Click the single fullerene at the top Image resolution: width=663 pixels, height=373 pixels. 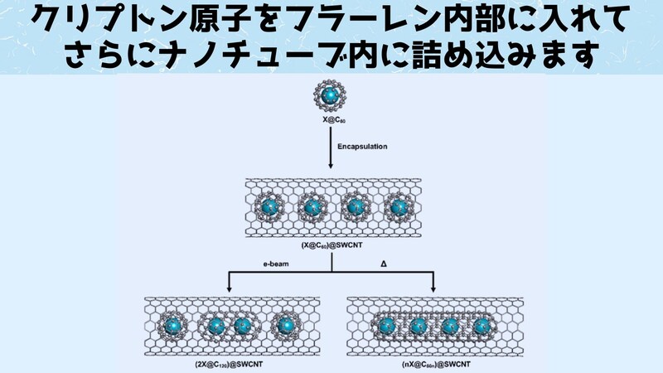pyautogui.click(x=332, y=96)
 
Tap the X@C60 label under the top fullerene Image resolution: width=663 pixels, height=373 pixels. pyautogui.click(x=332, y=121)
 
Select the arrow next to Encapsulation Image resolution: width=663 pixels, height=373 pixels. pyautogui.click(x=332, y=153)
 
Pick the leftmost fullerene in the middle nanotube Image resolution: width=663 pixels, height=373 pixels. pyautogui.click(x=268, y=207)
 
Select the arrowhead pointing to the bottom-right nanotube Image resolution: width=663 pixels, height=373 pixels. pyautogui.click(x=435, y=288)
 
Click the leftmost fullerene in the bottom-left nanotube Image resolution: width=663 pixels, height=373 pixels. pyautogui.click(x=173, y=326)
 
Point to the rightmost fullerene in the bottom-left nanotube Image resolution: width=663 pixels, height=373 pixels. pyautogui.click(x=286, y=326)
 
